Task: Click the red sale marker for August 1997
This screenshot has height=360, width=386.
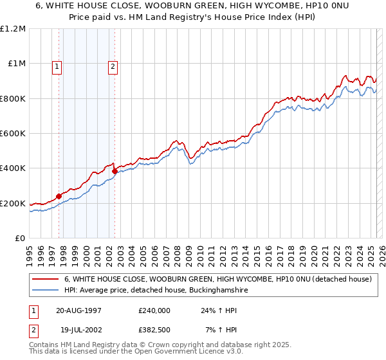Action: coord(59,196)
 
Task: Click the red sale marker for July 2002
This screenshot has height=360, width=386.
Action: coord(115,171)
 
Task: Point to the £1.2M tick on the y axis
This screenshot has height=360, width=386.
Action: coord(13,29)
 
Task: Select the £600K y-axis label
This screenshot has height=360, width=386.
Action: coord(13,134)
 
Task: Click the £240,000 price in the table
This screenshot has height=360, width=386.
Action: coord(154,310)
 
